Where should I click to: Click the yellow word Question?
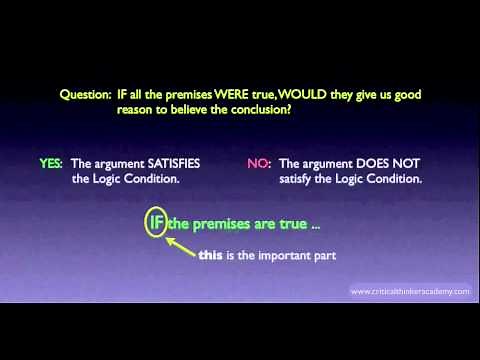pyautogui.click(x=89, y=95)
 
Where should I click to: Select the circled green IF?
pyautogui.click(x=157, y=225)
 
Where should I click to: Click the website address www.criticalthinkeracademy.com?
pyautogui.click(x=409, y=292)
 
